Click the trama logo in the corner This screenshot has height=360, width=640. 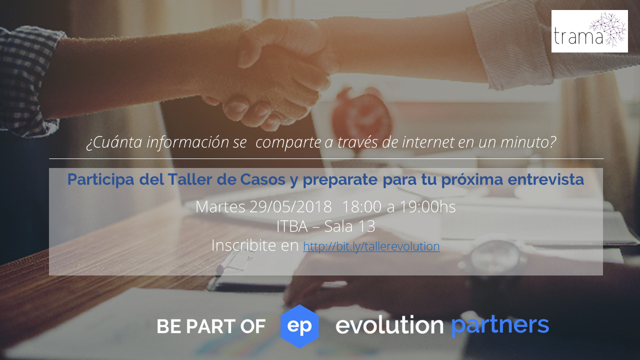click(x=589, y=31)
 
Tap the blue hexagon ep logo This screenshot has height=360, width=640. click(x=299, y=326)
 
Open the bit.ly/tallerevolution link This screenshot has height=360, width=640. click(x=371, y=246)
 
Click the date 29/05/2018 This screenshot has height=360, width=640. click(x=290, y=206)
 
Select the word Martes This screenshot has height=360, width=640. click(x=220, y=206)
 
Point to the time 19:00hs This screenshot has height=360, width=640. click(x=427, y=206)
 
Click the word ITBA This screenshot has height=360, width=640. click(x=292, y=226)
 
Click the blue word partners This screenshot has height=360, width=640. click(x=500, y=325)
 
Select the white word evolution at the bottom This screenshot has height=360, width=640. click(x=389, y=324)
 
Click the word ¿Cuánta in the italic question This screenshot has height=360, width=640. click(x=114, y=142)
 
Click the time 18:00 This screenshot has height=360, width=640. click(x=361, y=206)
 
